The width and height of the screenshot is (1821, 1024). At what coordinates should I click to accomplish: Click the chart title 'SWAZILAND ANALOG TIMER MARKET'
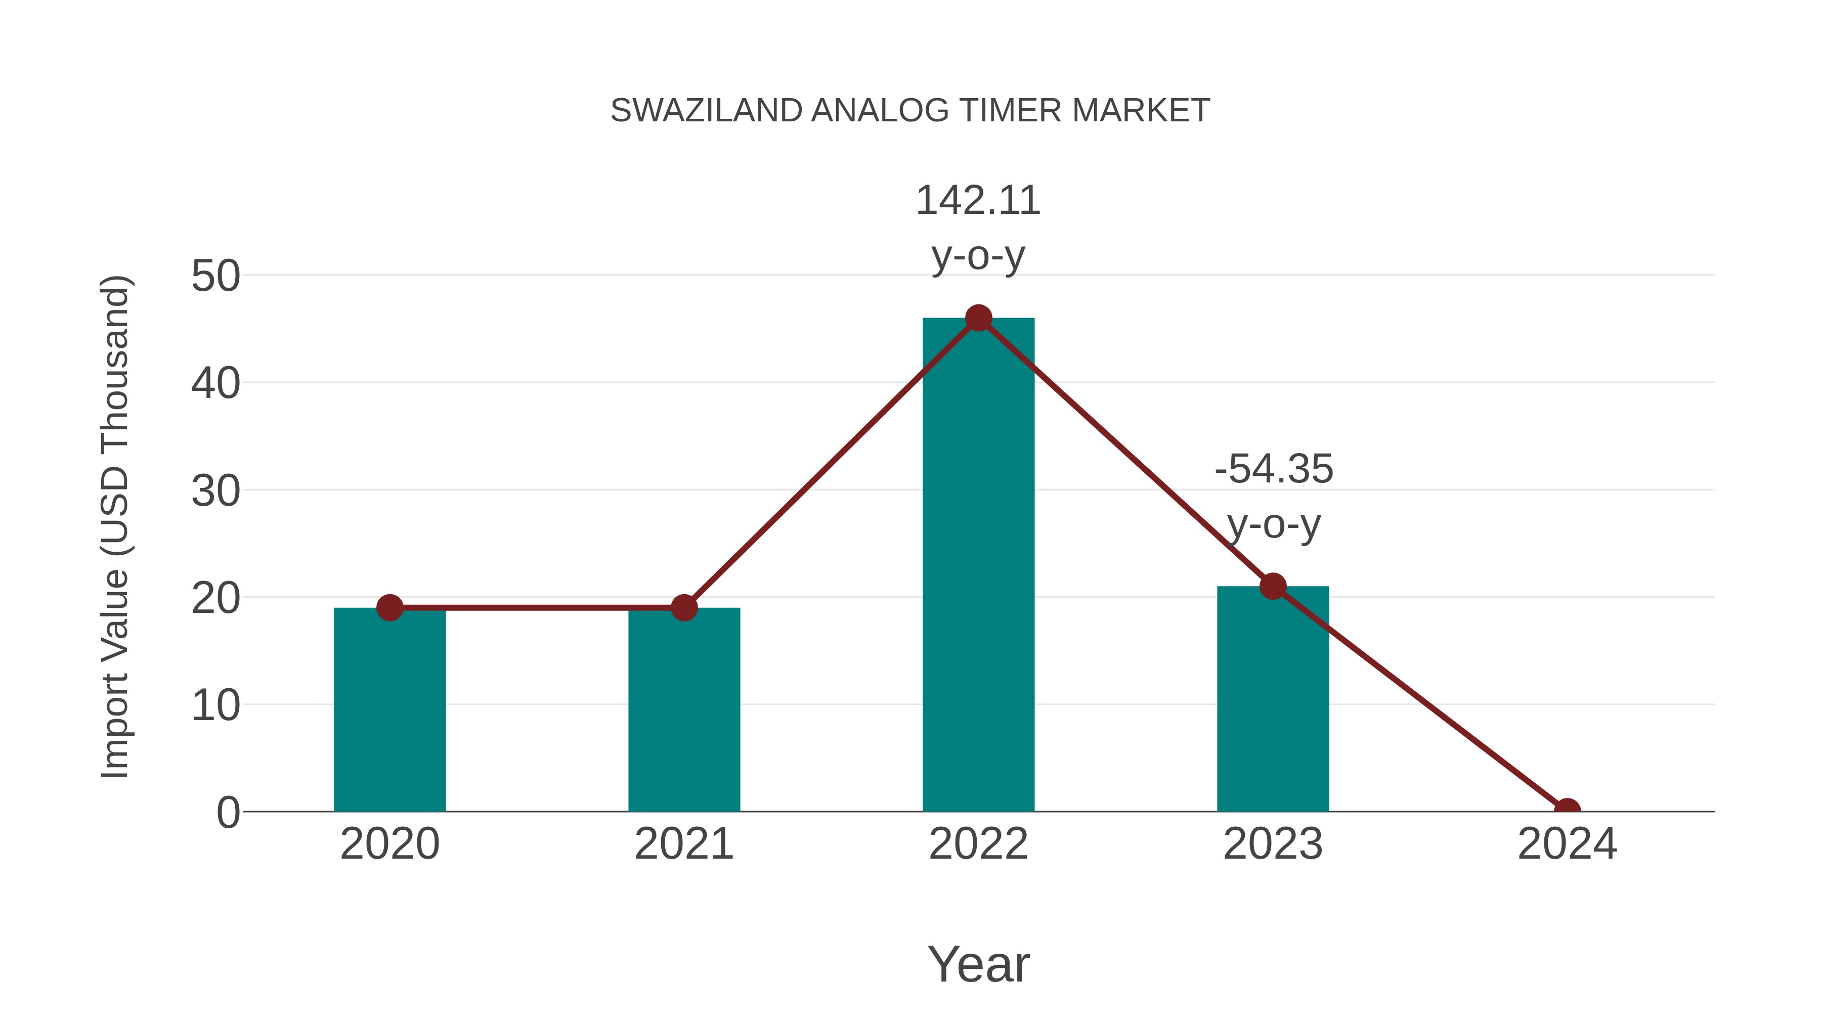(910, 111)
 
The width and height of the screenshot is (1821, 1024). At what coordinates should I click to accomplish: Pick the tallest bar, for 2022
(978, 565)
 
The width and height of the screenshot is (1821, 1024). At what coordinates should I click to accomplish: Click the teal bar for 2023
(1273, 700)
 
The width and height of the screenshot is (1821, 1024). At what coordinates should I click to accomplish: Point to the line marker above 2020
(389, 608)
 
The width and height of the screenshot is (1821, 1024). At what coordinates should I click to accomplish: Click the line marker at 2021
(683, 608)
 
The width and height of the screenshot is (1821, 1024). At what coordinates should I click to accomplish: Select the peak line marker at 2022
(978, 318)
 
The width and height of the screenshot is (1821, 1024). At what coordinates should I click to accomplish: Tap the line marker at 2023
(1273, 586)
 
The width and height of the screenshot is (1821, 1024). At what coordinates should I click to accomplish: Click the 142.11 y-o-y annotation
(978, 228)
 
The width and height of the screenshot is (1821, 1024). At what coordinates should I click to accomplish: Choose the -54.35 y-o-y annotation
(1273, 496)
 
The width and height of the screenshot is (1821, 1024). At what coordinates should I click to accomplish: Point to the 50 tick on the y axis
(215, 276)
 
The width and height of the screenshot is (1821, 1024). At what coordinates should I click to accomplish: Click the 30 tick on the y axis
(215, 491)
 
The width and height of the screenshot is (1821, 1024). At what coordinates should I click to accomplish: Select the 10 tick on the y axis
(215, 706)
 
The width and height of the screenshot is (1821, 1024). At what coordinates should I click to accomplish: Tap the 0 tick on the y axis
(228, 813)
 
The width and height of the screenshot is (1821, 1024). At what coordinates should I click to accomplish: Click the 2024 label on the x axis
(1567, 844)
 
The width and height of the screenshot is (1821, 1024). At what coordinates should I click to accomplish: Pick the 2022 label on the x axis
(978, 844)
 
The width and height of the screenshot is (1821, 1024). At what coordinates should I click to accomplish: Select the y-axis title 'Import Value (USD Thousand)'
(114, 526)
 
